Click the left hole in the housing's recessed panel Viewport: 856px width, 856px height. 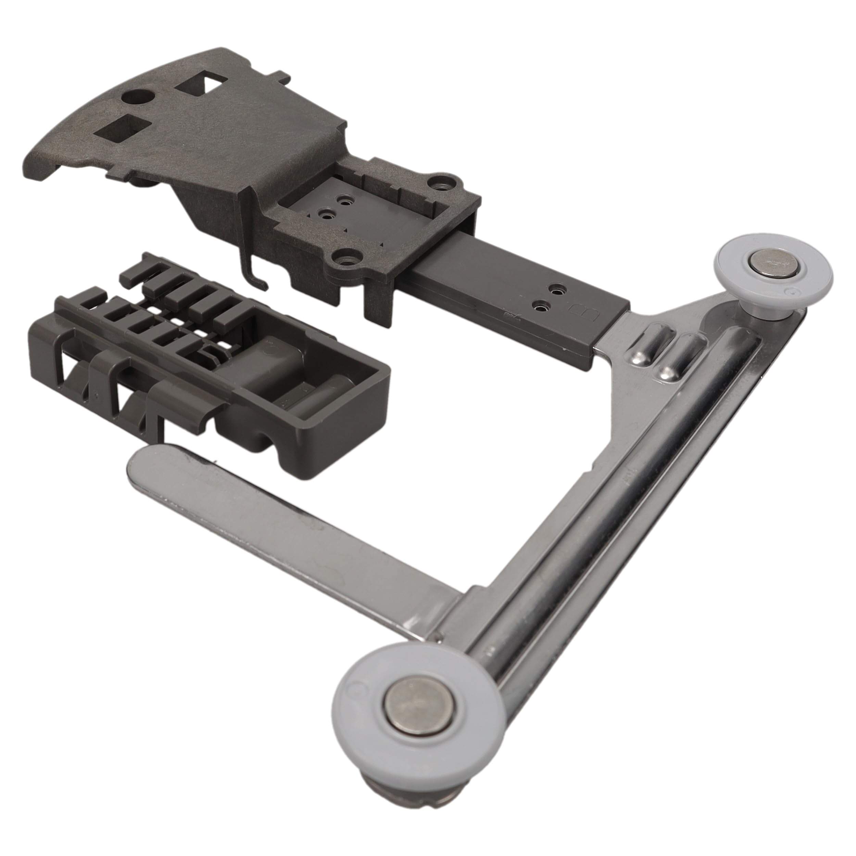[327, 214]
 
